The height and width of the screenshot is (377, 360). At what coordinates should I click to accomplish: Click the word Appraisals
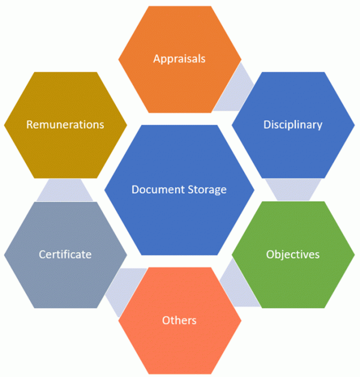pyautogui.click(x=179, y=59)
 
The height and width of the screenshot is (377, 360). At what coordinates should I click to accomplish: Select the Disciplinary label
pyautogui.click(x=293, y=125)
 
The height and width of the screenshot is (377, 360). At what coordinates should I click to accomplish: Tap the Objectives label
pyautogui.click(x=293, y=254)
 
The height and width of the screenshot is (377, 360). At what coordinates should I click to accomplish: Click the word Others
pyautogui.click(x=179, y=320)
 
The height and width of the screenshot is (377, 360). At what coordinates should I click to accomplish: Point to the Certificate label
pyautogui.click(x=65, y=255)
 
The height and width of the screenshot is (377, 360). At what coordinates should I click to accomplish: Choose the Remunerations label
pyautogui.click(x=65, y=125)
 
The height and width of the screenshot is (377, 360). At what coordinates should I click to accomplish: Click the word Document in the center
pyautogui.click(x=155, y=190)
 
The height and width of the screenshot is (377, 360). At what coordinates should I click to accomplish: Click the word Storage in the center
pyautogui.click(x=205, y=190)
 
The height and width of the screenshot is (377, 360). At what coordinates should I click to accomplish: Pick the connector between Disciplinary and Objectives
pyautogui.click(x=293, y=189)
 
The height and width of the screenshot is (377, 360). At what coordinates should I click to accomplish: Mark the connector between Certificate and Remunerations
pyautogui.click(x=65, y=190)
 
